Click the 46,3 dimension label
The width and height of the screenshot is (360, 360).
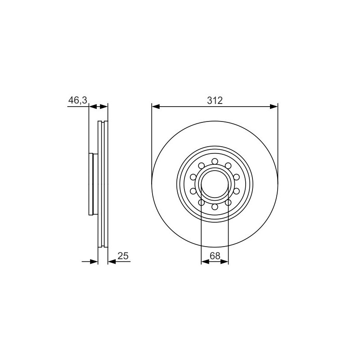tap(78, 100)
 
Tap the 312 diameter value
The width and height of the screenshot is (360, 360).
tap(215, 100)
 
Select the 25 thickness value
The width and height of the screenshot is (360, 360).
tap(123, 256)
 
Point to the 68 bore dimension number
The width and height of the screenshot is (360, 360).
tap(215, 256)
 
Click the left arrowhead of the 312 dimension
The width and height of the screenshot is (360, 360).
tap(156, 107)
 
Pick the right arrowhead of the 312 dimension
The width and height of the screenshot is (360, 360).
tap(274, 107)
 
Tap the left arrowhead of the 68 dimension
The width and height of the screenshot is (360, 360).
tap(205, 262)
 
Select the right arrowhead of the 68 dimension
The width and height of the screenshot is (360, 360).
tap(225, 262)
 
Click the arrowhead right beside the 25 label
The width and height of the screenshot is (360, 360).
tap(112, 261)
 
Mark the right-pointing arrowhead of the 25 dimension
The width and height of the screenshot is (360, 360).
tap(94, 261)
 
